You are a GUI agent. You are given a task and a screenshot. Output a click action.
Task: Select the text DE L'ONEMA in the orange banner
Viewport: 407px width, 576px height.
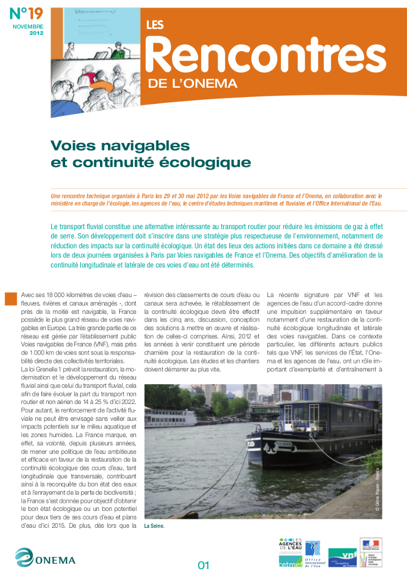point(192,84)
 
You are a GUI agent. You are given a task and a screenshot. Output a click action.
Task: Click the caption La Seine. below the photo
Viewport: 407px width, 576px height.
point(155,526)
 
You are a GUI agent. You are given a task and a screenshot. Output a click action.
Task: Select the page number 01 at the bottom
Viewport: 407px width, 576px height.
point(203,564)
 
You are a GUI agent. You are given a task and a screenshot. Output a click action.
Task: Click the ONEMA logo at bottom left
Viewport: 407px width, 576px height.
point(45,559)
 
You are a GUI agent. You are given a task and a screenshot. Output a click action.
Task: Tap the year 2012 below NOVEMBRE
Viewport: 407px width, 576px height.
point(36,33)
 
